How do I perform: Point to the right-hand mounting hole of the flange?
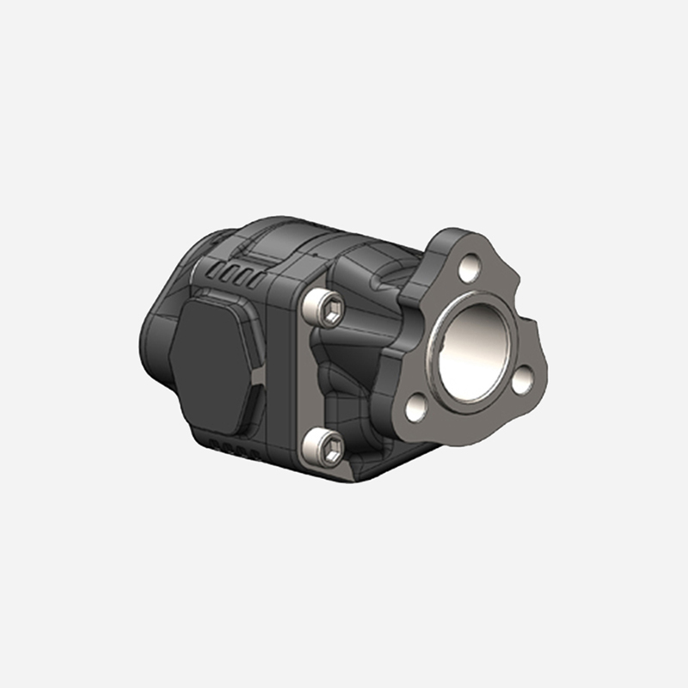tap(523, 379)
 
